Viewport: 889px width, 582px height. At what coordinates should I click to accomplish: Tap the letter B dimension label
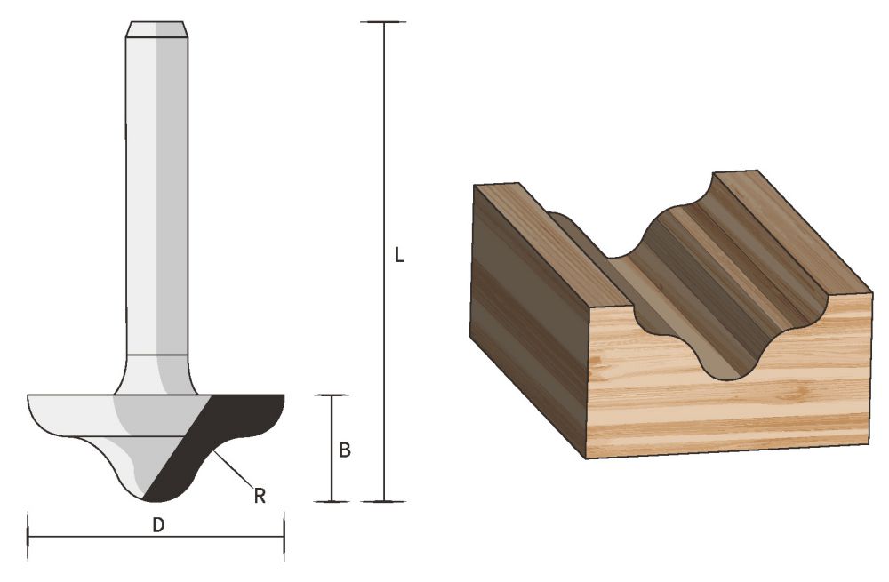345,450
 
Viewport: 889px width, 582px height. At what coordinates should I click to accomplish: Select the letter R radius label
260,496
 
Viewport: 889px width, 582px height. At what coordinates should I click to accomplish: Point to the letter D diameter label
157,525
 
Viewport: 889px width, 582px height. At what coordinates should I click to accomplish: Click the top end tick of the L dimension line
384,22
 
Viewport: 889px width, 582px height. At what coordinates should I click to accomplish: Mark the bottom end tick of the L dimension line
384,501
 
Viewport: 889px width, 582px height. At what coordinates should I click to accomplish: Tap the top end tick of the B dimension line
332,395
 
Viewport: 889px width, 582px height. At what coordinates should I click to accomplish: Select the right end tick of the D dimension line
284,537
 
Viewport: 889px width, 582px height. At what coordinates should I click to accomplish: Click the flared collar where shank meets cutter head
156,373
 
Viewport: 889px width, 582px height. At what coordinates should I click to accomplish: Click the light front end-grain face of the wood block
729,391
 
